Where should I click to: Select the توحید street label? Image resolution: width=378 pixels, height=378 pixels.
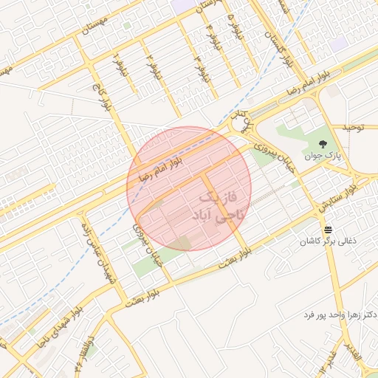[x=354, y=127]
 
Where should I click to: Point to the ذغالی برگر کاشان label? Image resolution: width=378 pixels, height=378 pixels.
[x=327, y=241]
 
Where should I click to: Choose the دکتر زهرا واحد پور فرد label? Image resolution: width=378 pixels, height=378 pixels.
[x=340, y=315]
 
